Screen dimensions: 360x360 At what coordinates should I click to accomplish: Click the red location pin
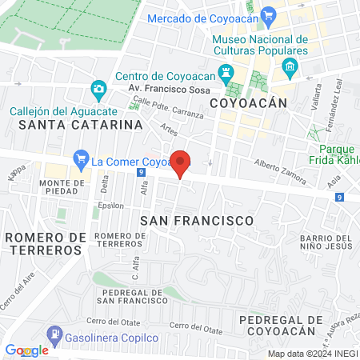(x=181, y=163)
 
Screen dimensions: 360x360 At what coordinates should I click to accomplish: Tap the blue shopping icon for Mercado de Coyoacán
(x=268, y=14)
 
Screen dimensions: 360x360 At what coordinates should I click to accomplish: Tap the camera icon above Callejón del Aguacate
(x=98, y=87)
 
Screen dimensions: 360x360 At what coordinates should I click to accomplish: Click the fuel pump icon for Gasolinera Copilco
(x=53, y=333)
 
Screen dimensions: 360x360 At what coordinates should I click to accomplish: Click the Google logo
(x=27, y=350)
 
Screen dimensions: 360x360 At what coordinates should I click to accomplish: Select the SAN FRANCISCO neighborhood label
(x=196, y=219)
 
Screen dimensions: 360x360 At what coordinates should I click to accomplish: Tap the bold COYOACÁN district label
(x=248, y=103)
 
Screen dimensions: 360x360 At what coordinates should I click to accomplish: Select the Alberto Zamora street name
(x=280, y=170)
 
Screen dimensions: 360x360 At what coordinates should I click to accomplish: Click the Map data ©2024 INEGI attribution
(x=312, y=354)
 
